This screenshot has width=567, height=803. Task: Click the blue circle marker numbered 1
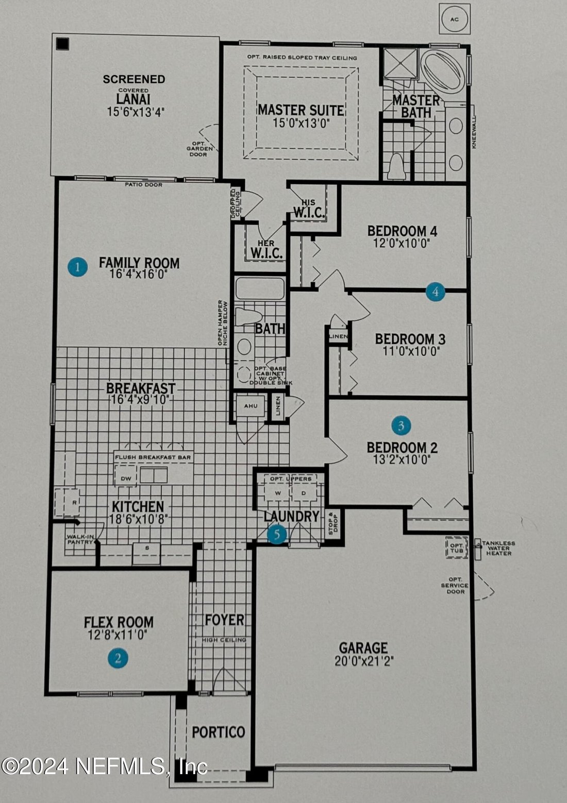coord(77,267)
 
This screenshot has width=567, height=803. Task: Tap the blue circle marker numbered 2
coord(118,658)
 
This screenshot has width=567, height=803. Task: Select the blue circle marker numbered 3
coord(401,425)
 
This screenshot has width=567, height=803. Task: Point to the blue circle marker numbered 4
coord(435,292)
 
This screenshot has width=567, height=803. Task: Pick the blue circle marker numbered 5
coord(277,535)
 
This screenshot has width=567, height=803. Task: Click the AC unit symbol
coord(454,20)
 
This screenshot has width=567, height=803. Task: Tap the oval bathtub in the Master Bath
coord(443,72)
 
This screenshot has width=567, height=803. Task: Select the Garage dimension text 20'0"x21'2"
coord(364,661)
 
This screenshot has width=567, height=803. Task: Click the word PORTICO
coord(218,732)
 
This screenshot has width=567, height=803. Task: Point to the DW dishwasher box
coord(126,479)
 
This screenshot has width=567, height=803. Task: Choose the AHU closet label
coord(251,406)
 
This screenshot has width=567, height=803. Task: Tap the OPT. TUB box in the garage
coord(456,546)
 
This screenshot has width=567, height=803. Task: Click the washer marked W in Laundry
coord(278,493)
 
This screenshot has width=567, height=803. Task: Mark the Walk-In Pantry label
coord(79,539)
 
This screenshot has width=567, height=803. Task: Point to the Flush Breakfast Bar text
coord(153,457)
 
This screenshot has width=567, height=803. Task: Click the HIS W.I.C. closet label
coord(309,208)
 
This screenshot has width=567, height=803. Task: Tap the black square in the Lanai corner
coord(62,44)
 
